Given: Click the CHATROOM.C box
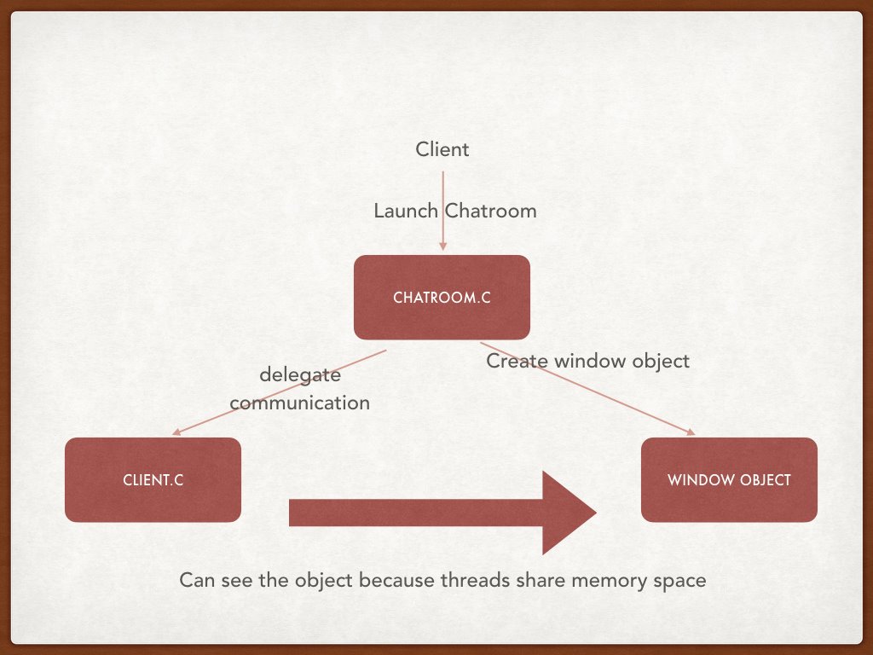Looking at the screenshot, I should point(442,297).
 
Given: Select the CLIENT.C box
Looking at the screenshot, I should point(153,479).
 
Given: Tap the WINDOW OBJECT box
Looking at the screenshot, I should point(729,479).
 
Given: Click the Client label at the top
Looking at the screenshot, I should point(442,150).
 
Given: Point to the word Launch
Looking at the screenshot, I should point(406,211).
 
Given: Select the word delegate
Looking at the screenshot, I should point(300,375).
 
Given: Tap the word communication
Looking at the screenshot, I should point(300,403).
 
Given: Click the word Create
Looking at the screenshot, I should point(517,361).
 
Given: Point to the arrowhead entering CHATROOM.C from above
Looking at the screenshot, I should point(442,246).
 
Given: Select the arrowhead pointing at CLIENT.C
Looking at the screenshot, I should point(176,432).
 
